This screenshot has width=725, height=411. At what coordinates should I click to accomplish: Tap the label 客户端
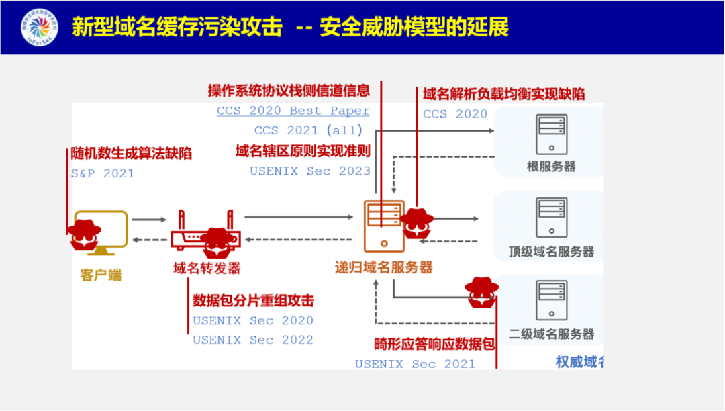101,275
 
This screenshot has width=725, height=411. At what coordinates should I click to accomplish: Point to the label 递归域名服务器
384,267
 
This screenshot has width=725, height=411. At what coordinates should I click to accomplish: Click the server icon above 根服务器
551,134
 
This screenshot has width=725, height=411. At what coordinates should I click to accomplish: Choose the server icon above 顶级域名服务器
551,218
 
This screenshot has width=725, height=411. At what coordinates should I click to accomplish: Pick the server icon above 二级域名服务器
551,300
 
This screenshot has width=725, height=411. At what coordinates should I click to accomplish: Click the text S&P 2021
103,173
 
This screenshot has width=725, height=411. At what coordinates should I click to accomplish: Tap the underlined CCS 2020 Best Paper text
293,111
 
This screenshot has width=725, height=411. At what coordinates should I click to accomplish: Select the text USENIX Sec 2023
310,171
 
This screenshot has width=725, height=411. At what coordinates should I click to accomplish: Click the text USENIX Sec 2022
253,340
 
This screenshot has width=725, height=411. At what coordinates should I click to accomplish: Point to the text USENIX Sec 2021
415,364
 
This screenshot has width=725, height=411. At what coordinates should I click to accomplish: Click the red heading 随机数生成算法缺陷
132,154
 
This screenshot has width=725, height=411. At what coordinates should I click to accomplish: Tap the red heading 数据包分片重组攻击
253,301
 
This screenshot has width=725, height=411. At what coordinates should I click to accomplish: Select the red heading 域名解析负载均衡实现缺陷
503,94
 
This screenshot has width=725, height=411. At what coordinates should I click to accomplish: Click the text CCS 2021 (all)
308,130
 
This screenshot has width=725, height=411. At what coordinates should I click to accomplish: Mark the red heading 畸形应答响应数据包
434,345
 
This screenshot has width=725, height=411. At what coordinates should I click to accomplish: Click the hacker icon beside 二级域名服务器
482,293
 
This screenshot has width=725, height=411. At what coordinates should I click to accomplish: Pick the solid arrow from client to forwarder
148,220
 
